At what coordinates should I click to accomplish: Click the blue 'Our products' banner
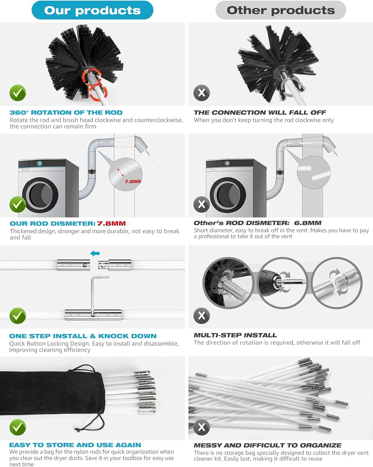(92, 10)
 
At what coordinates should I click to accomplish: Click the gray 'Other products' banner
(281, 10)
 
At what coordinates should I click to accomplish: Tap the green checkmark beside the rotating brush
(18, 93)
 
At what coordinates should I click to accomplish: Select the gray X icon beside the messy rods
(202, 427)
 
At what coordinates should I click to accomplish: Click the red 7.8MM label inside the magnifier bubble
(133, 181)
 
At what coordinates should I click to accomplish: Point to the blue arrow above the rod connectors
(95, 253)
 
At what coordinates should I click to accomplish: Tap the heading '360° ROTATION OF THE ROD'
(66, 113)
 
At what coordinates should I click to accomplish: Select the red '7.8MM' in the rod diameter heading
(111, 224)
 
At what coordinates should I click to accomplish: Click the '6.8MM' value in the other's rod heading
(308, 223)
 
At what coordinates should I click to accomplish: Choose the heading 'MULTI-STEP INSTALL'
(235, 335)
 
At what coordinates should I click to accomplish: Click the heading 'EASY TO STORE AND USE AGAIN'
(75, 445)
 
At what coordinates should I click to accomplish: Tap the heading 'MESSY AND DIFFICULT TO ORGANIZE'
(268, 445)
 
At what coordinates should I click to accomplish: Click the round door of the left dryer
(40, 195)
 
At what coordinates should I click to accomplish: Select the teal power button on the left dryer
(40, 163)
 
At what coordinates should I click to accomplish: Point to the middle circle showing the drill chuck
(282, 283)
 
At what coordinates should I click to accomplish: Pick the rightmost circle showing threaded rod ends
(337, 283)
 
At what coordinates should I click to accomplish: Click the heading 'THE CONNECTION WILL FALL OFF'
(260, 112)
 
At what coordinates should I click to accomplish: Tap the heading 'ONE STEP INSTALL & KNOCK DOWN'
(83, 336)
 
